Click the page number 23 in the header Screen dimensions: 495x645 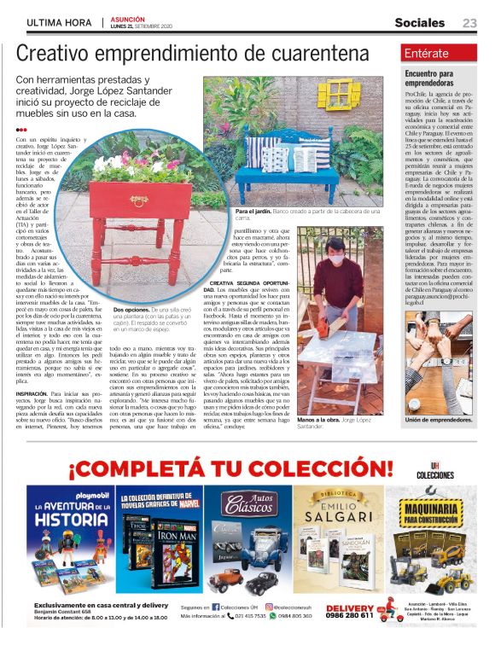pyautogui.click(x=469, y=23)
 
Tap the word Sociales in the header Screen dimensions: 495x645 pyautogui.click(x=419, y=23)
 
